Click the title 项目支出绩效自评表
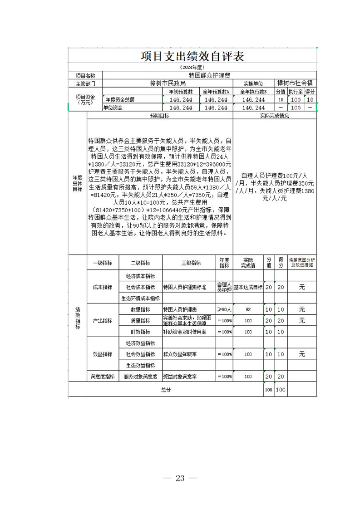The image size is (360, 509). click(192, 56)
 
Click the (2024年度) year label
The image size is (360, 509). click(192, 67)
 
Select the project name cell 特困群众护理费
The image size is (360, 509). click(209, 75)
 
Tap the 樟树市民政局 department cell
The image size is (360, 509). click(168, 83)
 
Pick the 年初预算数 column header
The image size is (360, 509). click(181, 92)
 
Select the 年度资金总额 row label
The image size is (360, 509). click(120, 100)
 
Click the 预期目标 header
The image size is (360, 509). click(160, 116)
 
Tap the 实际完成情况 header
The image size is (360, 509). click(274, 116)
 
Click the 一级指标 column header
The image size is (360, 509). click(103, 263)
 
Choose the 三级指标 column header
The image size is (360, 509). click(188, 263)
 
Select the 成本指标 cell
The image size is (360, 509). click(103, 287)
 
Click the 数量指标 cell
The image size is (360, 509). click(140, 309)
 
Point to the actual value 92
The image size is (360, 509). click(248, 309)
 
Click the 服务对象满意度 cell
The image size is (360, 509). click(140, 376)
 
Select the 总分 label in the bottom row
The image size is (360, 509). click(166, 389)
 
